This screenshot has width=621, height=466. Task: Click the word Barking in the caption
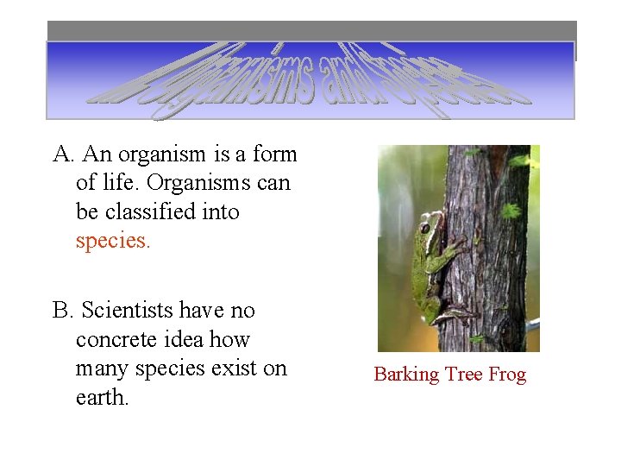click(406, 375)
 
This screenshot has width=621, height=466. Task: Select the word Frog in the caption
click(507, 375)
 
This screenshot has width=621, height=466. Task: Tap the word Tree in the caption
click(464, 375)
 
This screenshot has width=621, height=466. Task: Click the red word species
click(112, 241)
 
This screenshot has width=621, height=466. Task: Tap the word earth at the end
click(102, 398)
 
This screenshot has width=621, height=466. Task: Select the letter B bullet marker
click(62, 310)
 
